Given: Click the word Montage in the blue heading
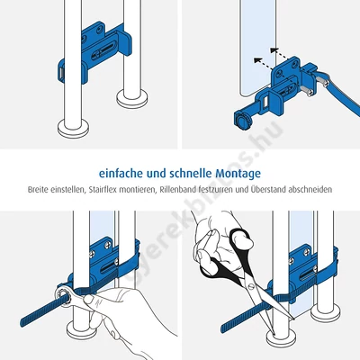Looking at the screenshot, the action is pyautogui.click(x=238, y=174).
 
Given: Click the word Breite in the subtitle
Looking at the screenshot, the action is pyautogui.click(x=38, y=190).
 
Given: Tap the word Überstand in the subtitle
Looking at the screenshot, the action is pyautogui.click(x=263, y=190).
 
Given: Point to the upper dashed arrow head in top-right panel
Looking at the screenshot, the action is pyautogui.click(x=274, y=50).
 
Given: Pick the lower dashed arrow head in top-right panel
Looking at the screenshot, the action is pyautogui.click(x=257, y=60).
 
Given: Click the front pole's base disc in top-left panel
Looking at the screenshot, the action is pyautogui.click(x=73, y=127).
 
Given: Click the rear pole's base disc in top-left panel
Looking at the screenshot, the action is pyautogui.click(x=132, y=98).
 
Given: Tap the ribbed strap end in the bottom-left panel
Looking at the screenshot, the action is pyautogui.click(x=39, y=312).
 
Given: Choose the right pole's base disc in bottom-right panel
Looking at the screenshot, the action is pyautogui.click(x=325, y=313).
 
